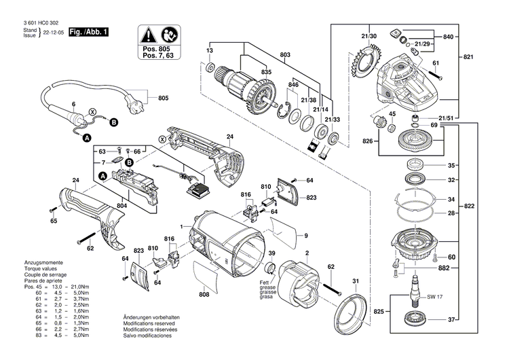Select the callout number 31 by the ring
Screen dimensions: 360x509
[x=354, y=282]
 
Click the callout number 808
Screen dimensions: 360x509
[x=204, y=295]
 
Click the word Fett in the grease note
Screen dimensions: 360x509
[x=263, y=281]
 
